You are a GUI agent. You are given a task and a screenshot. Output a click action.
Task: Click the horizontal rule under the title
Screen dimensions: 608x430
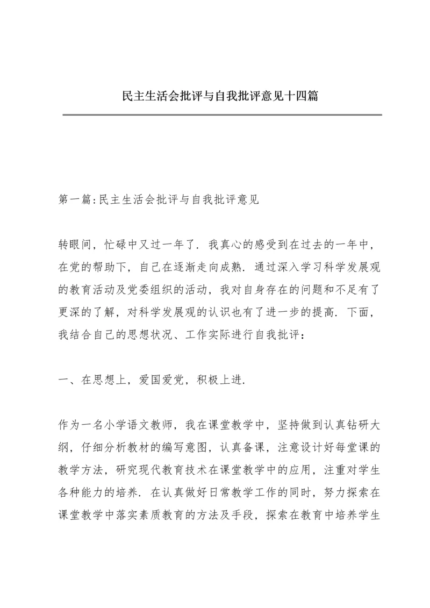222,115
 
